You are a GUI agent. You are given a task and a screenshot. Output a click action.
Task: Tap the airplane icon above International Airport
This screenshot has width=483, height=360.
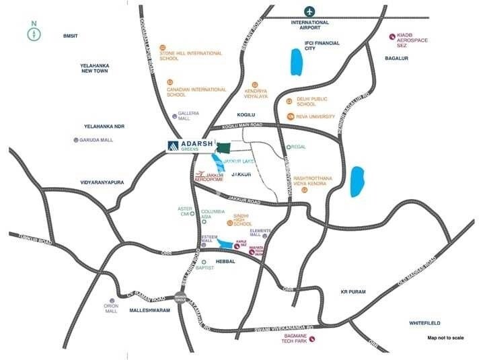click(x=309, y=11)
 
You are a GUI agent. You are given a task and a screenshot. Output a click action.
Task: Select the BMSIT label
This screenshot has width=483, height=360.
click(x=71, y=35)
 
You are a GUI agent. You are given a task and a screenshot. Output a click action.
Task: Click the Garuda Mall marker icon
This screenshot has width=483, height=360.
click(x=76, y=140)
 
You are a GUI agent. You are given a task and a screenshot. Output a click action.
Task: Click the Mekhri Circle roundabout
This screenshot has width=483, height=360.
click(x=180, y=297)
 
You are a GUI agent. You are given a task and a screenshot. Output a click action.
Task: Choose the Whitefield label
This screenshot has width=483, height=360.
click(x=424, y=323)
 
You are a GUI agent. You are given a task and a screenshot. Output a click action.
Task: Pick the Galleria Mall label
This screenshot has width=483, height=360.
click(x=188, y=116)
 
